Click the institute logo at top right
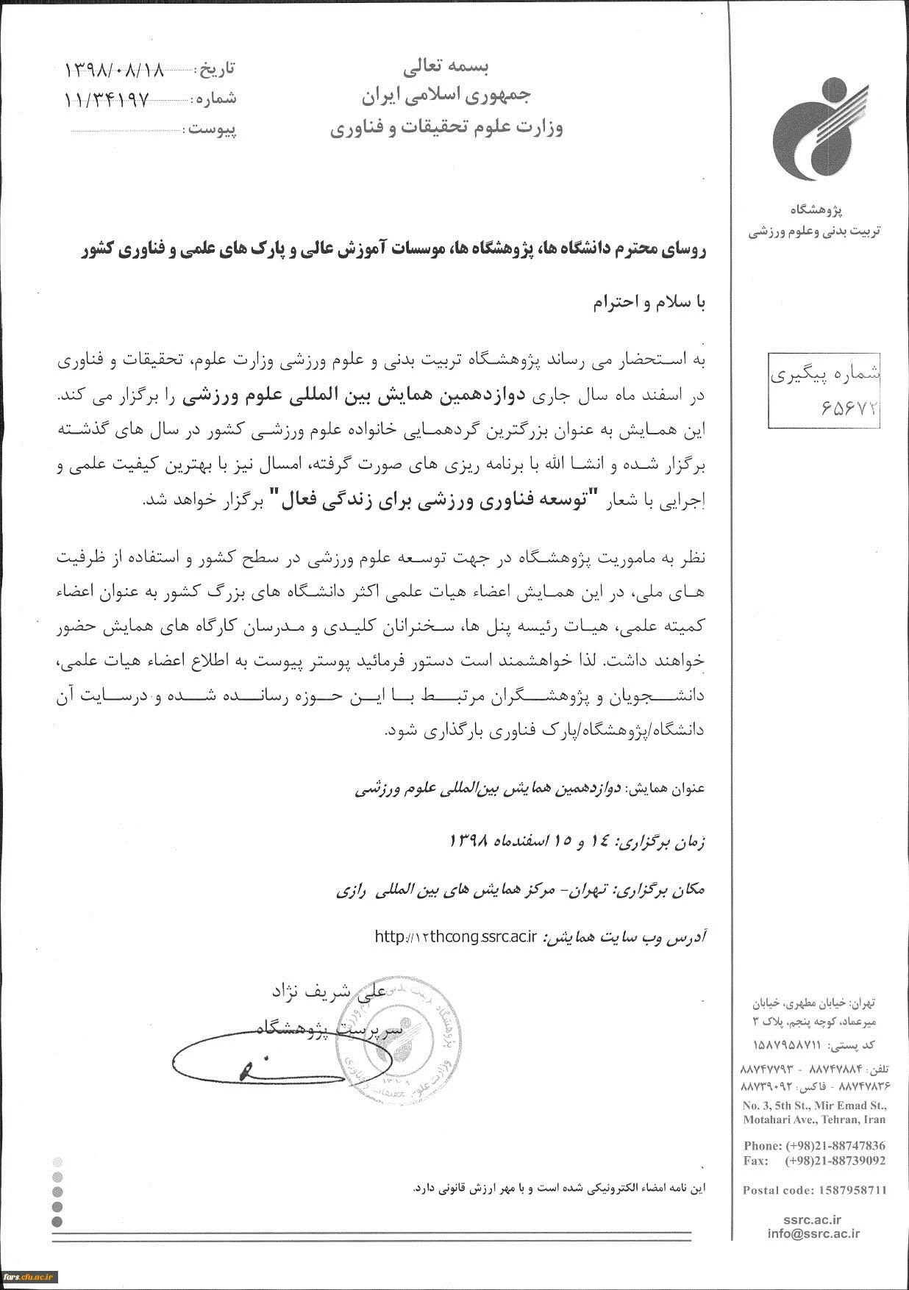point(819,129)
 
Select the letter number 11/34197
point(107,99)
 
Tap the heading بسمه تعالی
point(446,68)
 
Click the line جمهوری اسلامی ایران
point(446,96)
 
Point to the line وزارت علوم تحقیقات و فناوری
point(446,129)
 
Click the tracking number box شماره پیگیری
point(824,390)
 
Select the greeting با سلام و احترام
point(649,304)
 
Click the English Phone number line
point(814,1145)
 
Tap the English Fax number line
point(814,1161)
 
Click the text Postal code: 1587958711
point(814,1190)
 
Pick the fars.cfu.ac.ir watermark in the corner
point(29,1276)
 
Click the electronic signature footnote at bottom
point(559,1188)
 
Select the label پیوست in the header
point(212,130)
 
